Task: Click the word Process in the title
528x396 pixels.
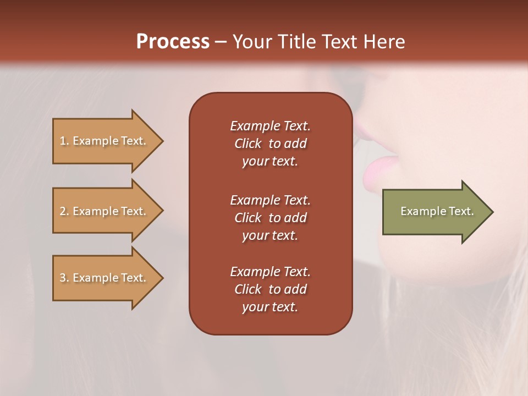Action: click(x=173, y=42)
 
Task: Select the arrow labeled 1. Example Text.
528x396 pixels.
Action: click(x=105, y=141)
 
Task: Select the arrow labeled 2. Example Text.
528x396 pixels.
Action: click(x=105, y=211)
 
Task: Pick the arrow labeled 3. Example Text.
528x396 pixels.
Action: click(x=105, y=278)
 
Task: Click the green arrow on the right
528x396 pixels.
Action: click(x=435, y=211)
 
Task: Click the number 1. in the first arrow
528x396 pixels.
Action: click(x=64, y=141)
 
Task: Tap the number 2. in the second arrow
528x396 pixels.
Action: click(x=64, y=211)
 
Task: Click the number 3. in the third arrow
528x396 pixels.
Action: click(x=64, y=278)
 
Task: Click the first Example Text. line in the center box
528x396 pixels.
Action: click(x=270, y=126)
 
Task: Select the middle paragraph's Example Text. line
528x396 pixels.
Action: click(x=270, y=200)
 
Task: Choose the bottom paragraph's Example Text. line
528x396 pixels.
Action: click(x=270, y=272)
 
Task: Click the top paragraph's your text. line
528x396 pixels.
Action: click(x=270, y=162)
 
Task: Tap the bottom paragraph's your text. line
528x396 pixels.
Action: click(x=270, y=307)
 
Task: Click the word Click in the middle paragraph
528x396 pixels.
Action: click(x=248, y=218)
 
